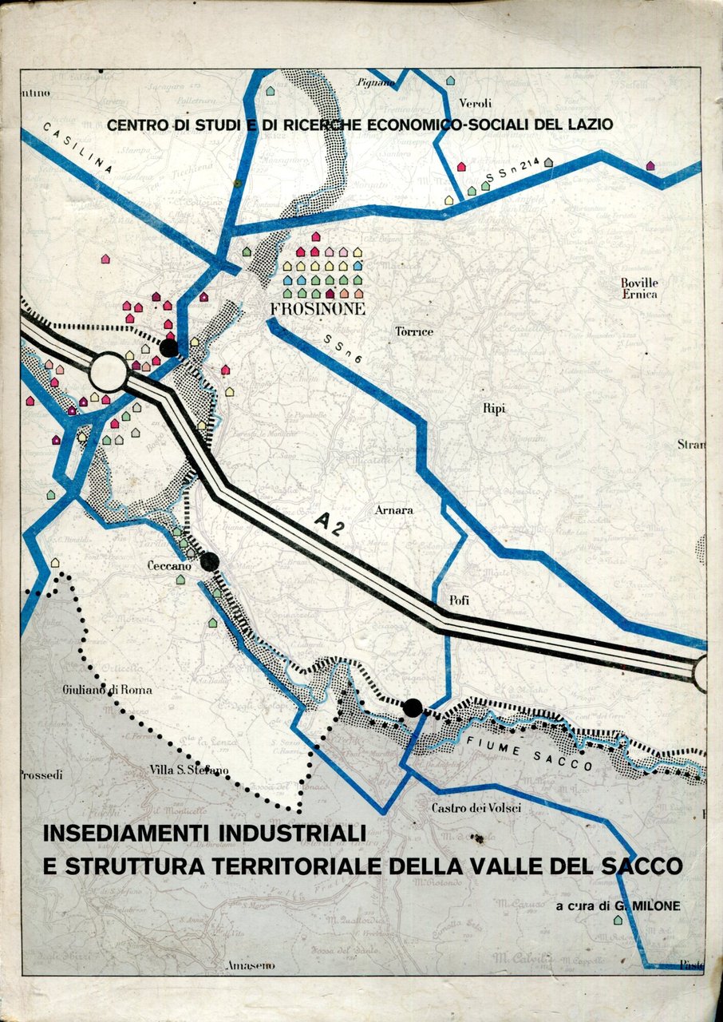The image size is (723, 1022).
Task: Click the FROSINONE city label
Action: click(318, 308)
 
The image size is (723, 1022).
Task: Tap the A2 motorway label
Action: click(331, 521)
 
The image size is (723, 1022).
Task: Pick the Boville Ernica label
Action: click(639, 288)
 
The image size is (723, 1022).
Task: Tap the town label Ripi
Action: click(494, 408)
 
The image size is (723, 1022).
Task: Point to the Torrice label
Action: click(414, 331)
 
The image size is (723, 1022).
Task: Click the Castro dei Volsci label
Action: click(476, 808)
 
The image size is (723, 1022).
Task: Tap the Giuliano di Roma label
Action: click(108, 689)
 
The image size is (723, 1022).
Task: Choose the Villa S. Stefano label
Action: click(189, 770)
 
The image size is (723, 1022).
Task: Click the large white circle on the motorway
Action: click(109, 373)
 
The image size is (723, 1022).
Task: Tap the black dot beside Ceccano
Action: click(210, 562)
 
